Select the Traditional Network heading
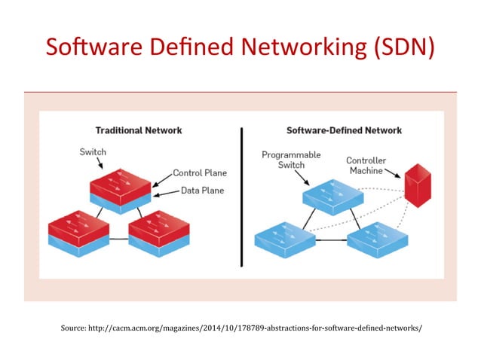click(x=138, y=130)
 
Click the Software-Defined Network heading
click(x=344, y=130)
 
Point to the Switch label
click(x=93, y=152)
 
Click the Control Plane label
click(x=200, y=172)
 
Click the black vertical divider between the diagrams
click(x=241, y=197)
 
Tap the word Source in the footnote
click(x=75, y=328)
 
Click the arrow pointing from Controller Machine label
click(x=394, y=178)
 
